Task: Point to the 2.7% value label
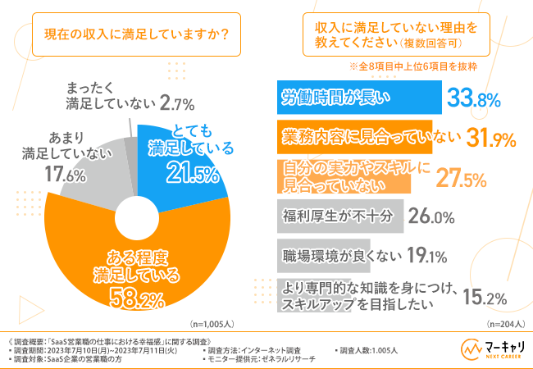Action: (178, 104)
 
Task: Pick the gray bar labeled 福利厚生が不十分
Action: (337, 218)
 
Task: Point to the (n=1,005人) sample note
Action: (216, 323)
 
